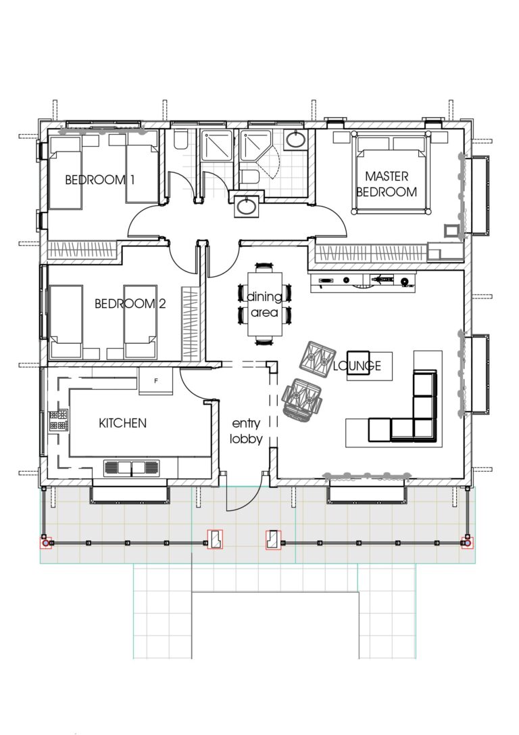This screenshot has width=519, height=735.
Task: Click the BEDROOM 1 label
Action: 100,180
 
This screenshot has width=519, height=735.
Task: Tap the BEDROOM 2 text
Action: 130,304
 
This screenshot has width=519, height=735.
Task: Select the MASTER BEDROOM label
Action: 387,184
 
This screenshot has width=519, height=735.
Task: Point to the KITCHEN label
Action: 122,424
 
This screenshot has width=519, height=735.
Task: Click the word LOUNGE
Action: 357,366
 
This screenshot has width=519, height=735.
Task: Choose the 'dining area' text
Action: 264,305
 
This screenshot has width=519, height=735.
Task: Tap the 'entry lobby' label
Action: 245,430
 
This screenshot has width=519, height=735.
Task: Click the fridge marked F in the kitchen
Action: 156,382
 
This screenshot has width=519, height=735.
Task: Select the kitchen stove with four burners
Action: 58,420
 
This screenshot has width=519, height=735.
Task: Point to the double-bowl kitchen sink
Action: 131,468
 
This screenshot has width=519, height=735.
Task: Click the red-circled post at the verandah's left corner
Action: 45,543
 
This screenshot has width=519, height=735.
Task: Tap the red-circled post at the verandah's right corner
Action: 466,543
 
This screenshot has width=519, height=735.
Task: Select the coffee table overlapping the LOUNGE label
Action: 359,366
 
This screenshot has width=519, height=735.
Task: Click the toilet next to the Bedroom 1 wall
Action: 180,139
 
